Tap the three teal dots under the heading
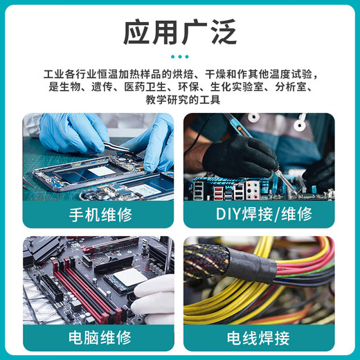[179, 57]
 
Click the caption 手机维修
[98, 213]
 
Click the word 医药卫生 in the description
[136, 87]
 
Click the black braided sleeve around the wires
[228, 263]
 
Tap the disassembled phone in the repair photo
[104, 177]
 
